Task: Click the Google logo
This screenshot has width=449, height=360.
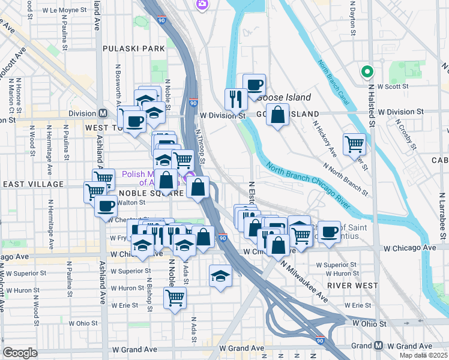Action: point(20,353)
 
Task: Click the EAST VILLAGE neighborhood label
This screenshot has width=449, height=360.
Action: point(32,184)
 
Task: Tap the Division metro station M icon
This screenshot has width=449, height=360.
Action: point(103,113)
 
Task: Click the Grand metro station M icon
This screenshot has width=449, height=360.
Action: point(379,346)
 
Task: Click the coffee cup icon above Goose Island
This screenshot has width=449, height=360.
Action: point(254,85)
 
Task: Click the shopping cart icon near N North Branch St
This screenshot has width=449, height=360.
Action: point(354,143)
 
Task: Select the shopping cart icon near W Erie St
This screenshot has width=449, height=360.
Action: point(175,297)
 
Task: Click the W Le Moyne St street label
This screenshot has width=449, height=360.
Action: point(61,10)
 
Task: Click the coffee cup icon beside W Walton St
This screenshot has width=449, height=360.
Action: point(106,206)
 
